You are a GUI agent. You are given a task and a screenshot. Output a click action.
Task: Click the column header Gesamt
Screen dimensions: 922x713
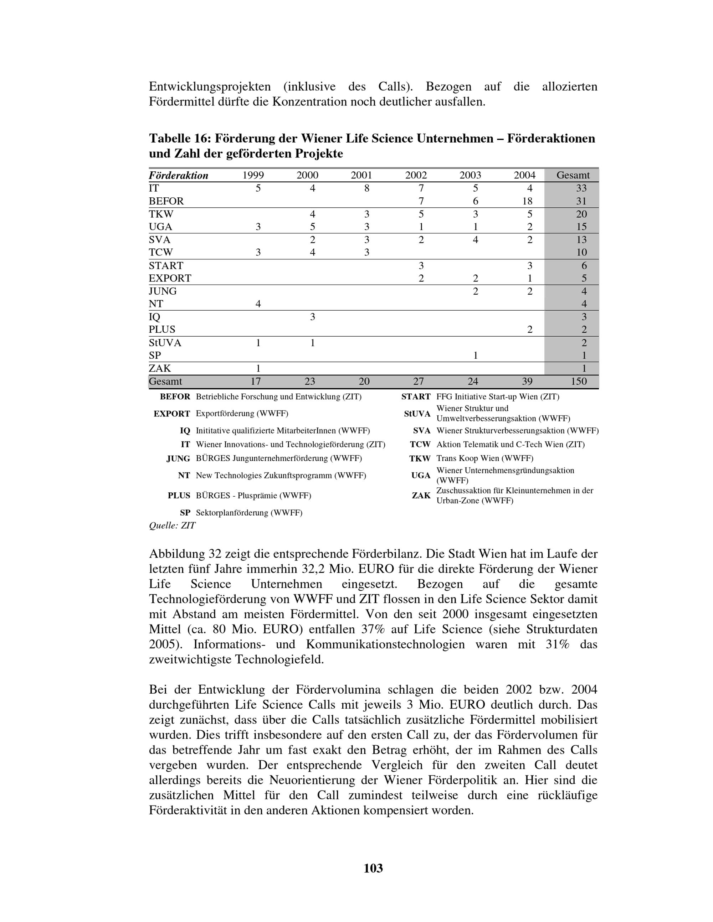click(573, 175)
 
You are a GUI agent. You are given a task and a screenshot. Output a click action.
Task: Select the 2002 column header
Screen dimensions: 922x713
click(416, 175)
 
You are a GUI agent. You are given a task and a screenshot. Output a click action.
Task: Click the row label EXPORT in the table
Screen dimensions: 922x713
click(170, 278)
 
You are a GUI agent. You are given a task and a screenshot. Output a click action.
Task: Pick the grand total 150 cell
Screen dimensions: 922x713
click(578, 381)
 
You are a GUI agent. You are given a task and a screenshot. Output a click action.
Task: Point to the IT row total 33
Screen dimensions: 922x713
click(581, 188)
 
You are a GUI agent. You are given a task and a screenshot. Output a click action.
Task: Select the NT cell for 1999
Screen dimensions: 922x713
click(258, 304)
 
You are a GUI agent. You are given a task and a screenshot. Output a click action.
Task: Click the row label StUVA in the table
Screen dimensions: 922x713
click(165, 342)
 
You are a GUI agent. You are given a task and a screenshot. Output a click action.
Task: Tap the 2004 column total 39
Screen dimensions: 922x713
click(527, 381)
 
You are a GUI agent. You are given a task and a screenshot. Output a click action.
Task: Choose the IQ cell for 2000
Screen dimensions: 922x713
click(312, 317)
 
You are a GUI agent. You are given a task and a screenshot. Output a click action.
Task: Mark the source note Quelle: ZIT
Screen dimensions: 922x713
click(172, 525)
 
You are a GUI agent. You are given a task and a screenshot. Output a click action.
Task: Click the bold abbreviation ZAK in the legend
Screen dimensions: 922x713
click(421, 495)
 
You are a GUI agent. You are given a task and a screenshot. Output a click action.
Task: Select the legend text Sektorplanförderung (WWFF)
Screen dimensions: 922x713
click(249, 513)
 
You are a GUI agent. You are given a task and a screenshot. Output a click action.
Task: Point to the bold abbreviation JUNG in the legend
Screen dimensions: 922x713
click(178, 459)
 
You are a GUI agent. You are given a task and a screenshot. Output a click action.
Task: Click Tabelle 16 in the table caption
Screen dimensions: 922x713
click(180, 139)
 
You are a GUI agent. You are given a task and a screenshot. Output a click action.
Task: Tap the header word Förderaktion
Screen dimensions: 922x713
click(178, 176)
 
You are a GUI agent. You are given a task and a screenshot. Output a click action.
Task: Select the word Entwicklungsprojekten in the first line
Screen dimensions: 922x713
click(210, 87)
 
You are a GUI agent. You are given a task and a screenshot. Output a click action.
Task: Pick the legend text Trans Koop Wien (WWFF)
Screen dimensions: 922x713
click(484, 459)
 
